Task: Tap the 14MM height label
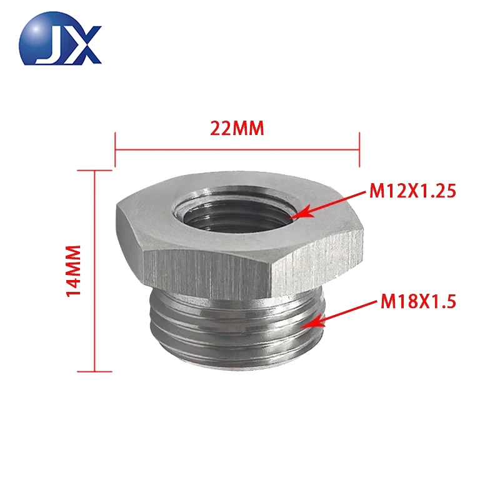click(x=74, y=270)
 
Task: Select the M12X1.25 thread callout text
click(x=413, y=191)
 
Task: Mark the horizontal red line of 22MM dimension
click(x=237, y=149)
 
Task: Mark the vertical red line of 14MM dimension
click(x=94, y=270)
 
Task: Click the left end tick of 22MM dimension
click(x=116, y=149)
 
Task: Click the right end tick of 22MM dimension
click(x=359, y=149)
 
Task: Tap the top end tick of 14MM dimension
click(x=94, y=169)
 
